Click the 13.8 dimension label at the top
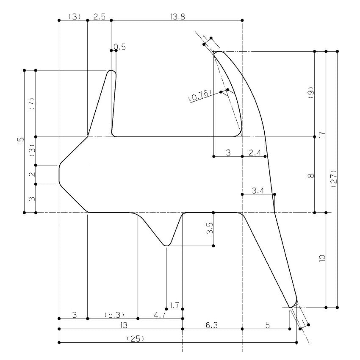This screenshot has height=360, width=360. [x=177, y=17]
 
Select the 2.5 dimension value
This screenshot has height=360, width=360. [x=100, y=17]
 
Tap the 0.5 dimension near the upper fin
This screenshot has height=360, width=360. [x=120, y=47]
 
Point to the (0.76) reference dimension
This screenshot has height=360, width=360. [x=200, y=95]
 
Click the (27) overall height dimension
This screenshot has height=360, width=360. [x=334, y=179]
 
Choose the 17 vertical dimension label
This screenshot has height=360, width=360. [x=323, y=135]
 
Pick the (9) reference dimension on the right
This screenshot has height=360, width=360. [x=310, y=92]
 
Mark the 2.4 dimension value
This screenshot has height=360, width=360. [x=255, y=152]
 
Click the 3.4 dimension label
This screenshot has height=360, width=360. [x=258, y=191]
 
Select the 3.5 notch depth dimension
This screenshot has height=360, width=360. [x=210, y=228]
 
